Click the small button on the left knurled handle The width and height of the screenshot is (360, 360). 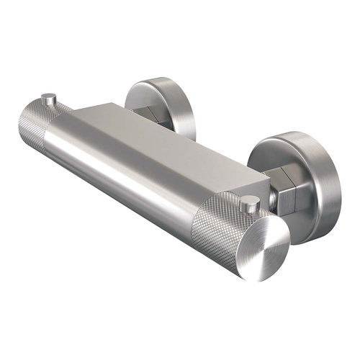click(49, 97)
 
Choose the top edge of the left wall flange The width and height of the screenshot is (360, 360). click(162, 81)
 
